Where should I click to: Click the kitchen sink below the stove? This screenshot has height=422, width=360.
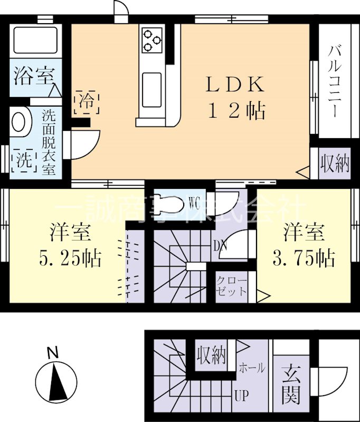coord(152,84)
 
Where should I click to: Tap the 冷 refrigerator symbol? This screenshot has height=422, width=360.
coord(87,101)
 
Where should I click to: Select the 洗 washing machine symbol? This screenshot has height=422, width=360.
coord(23,160)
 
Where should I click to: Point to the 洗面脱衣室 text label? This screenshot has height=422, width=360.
coord(49,142)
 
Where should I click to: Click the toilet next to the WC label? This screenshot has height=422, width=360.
coord(169,204)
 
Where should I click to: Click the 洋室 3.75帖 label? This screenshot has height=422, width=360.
coord(304,245)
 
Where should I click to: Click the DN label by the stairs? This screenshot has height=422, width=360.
coord(220,245)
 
